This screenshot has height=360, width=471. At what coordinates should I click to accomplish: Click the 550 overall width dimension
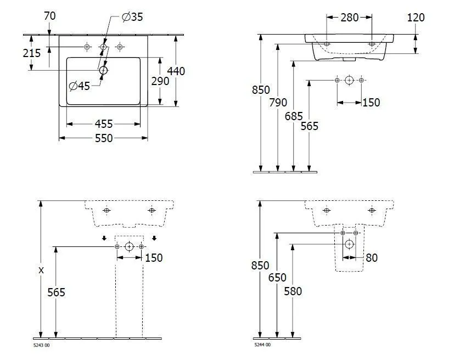coord(103,138)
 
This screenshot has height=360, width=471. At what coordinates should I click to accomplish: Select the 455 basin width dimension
coord(103,124)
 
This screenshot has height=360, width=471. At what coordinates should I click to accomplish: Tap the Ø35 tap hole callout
coord(131,17)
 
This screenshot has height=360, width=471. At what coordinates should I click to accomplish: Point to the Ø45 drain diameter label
coord(80,86)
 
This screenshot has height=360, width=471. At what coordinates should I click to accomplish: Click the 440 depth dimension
coord(177,71)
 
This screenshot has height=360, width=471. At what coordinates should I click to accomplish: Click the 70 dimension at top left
coord(50,16)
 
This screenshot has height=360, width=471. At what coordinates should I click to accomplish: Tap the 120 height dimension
coord(416,18)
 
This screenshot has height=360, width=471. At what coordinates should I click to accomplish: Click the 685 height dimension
coord(294,116)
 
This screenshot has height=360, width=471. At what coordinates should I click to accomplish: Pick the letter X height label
coord(42,270)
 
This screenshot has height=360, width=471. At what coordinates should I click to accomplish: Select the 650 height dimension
coord(277,278)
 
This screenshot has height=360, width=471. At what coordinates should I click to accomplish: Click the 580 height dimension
coord(293,291)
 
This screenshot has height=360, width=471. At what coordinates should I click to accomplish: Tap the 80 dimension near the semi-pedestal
coord(372,257)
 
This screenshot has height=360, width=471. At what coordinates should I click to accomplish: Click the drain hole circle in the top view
coord(103,70)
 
